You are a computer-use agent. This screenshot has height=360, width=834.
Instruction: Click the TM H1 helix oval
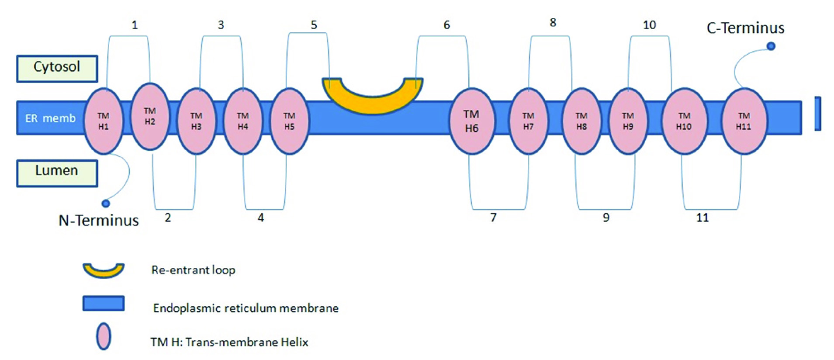[x=103, y=121]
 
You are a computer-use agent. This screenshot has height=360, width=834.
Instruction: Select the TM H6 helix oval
[x=471, y=121]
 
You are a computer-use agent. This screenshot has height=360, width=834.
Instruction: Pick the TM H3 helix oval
[x=196, y=121]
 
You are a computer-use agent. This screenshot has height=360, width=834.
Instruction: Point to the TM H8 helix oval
[x=581, y=121]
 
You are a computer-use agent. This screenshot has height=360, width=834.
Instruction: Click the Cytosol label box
[x=57, y=68]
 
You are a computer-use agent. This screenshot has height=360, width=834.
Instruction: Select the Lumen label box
[x=57, y=173]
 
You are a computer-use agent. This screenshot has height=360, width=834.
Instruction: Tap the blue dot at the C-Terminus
[x=771, y=46]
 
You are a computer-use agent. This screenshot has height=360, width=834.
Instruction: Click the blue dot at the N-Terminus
[x=106, y=204]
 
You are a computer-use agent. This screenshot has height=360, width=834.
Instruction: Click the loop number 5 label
[x=314, y=25]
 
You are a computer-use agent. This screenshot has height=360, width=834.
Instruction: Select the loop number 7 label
[x=493, y=218]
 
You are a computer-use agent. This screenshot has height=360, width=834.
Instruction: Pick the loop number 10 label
[x=649, y=25]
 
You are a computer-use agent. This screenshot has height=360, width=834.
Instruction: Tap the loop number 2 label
[x=168, y=218]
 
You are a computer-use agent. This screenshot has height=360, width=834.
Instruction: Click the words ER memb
[x=50, y=118]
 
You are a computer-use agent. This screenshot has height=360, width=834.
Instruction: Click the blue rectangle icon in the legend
[x=104, y=303]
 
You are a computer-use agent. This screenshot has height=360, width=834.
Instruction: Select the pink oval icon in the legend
[x=104, y=336]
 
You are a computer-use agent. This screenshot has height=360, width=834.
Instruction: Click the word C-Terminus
[x=745, y=28]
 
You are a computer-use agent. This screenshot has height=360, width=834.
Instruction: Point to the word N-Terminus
[x=99, y=221]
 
